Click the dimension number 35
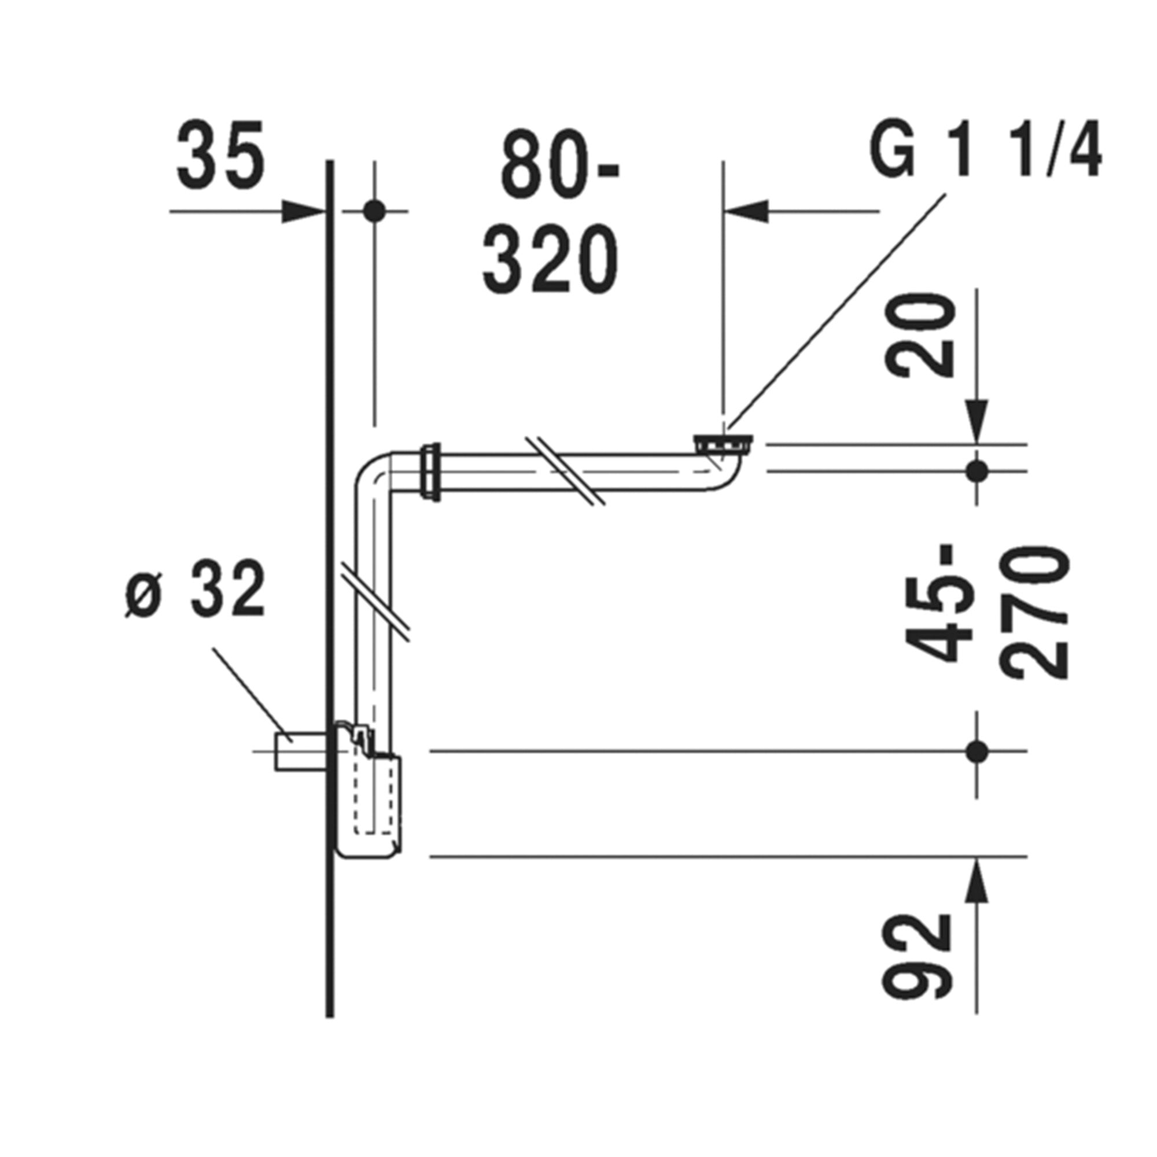(220, 155)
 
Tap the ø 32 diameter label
(197, 590)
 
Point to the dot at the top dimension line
(375, 211)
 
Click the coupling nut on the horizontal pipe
(431, 471)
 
